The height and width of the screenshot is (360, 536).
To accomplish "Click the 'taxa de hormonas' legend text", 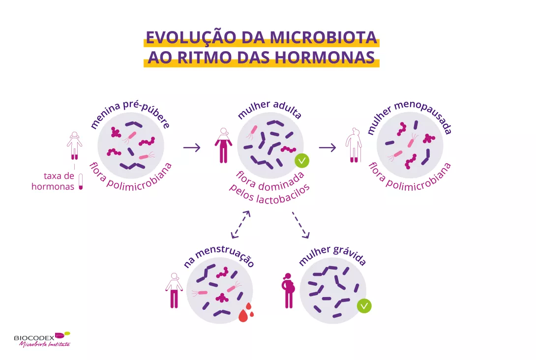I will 53,181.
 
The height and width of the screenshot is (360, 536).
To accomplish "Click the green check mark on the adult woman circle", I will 302,160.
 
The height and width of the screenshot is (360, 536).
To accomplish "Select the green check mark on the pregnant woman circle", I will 364,306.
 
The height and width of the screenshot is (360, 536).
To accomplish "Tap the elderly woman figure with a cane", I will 353,146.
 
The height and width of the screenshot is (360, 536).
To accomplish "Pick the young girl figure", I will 74,145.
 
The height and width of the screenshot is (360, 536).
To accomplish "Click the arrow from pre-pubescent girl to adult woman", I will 192,147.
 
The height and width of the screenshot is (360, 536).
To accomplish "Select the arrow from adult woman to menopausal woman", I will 327,147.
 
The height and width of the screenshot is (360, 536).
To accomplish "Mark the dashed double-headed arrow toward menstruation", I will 241,224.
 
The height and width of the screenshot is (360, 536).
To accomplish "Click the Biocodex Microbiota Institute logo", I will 42,339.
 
